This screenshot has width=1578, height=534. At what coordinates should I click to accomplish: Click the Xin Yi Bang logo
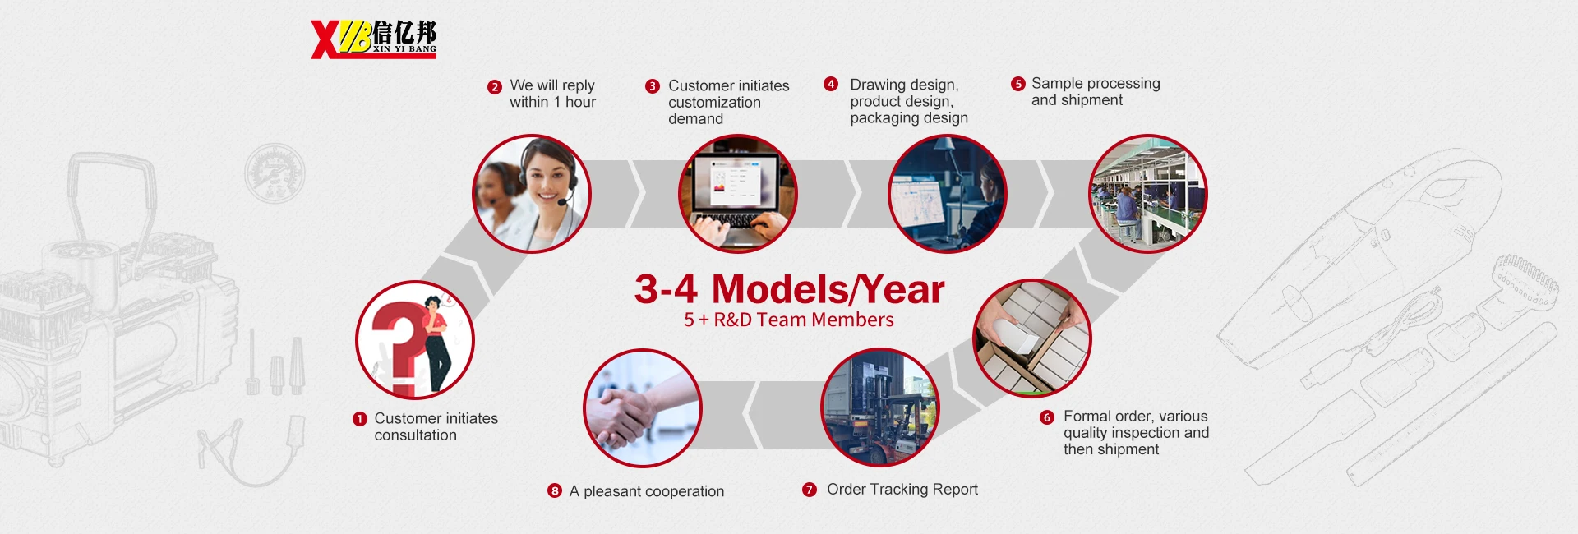tap(374, 39)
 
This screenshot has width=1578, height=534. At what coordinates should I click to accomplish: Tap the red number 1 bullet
tap(359, 419)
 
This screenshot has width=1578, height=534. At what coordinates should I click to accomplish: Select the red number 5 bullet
tap(1018, 84)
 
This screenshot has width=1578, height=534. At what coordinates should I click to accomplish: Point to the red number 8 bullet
tap(555, 490)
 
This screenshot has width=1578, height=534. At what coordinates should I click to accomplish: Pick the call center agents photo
tap(532, 194)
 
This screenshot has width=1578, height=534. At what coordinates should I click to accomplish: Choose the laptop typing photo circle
tap(738, 194)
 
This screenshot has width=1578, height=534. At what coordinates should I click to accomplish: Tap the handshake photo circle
tap(643, 408)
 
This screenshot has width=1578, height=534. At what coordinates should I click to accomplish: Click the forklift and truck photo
tap(880, 407)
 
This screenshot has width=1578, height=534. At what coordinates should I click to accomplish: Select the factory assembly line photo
tap(1148, 194)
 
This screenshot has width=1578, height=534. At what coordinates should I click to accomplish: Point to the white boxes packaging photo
tap(1032, 338)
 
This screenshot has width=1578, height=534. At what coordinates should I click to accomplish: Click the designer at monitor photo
tap(948, 194)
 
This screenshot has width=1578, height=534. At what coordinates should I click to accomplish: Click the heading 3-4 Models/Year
tap(789, 289)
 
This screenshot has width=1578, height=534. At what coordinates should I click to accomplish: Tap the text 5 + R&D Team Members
tap(789, 320)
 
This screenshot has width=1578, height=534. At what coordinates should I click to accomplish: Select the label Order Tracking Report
tap(902, 490)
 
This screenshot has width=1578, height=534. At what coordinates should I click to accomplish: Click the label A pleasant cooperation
tap(647, 491)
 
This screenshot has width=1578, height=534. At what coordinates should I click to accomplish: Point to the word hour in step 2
tap(580, 102)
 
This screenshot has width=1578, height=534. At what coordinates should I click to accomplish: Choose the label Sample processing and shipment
tap(1096, 91)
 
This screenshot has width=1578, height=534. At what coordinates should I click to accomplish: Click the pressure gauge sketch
tap(275, 173)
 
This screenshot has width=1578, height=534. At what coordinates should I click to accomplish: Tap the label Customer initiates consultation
tap(436, 426)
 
